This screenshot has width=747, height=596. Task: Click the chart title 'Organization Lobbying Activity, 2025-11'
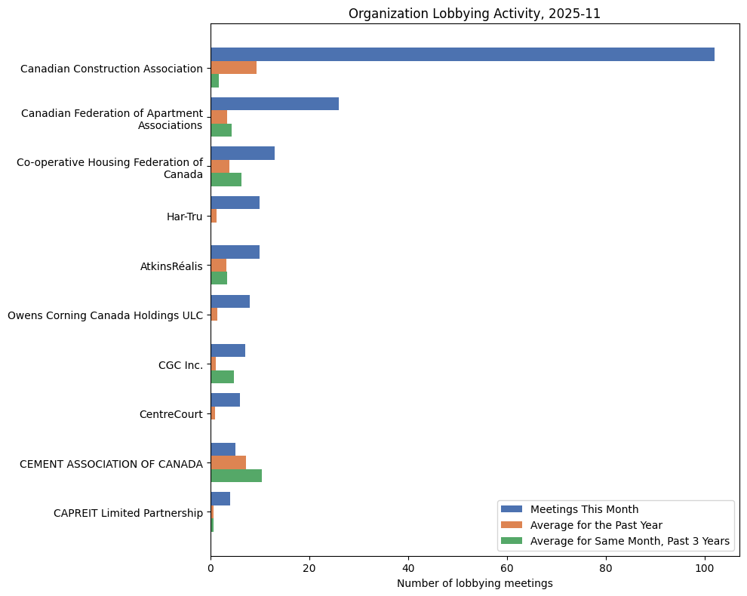coord(474,14)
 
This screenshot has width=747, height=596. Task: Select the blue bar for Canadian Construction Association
coord(462,54)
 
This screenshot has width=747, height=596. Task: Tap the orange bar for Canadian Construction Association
coord(233,68)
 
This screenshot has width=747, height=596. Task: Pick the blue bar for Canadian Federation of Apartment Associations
coord(275,104)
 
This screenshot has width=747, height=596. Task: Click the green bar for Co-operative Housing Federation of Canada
coord(226,180)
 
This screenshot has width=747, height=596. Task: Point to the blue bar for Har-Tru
coord(235,203)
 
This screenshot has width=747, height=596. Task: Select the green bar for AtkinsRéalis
coord(219,278)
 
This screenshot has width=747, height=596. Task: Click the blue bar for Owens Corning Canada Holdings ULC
coord(230,302)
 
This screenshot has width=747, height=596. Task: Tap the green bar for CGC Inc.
coord(222,377)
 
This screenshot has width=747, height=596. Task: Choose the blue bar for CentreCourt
coord(225,401)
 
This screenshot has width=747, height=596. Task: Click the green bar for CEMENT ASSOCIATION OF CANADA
coord(236,476)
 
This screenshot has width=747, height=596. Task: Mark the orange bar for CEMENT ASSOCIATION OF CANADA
coord(228,462)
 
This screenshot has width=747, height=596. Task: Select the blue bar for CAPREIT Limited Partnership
coord(220,499)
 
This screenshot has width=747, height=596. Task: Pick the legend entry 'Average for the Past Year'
coord(596,524)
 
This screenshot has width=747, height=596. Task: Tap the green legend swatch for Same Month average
coord(512,541)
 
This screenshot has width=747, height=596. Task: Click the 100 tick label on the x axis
coord(705,568)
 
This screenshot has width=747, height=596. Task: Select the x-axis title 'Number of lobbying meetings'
coord(474,583)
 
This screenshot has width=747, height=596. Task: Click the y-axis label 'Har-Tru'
coord(184,217)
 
